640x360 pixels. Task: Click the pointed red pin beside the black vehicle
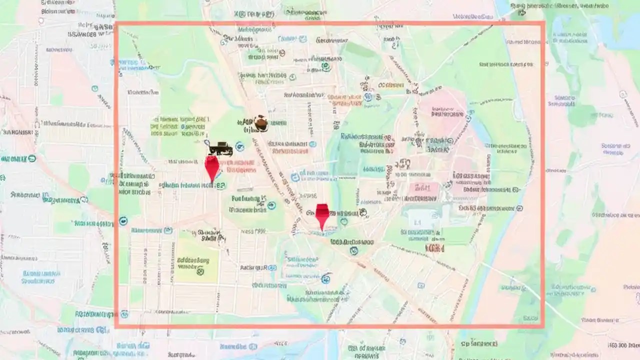(x=212, y=167)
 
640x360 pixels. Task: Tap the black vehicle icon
(x=220, y=148)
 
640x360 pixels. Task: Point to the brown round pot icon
(x=260, y=123)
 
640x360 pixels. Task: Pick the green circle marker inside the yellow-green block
(x=200, y=272)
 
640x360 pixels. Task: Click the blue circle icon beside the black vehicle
(x=239, y=146)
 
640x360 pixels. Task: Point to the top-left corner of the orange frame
(x=116, y=23)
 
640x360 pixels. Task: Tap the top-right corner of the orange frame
(x=543, y=23)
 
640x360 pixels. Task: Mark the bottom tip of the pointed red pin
(x=212, y=182)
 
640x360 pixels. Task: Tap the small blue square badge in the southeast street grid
(x=421, y=285)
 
